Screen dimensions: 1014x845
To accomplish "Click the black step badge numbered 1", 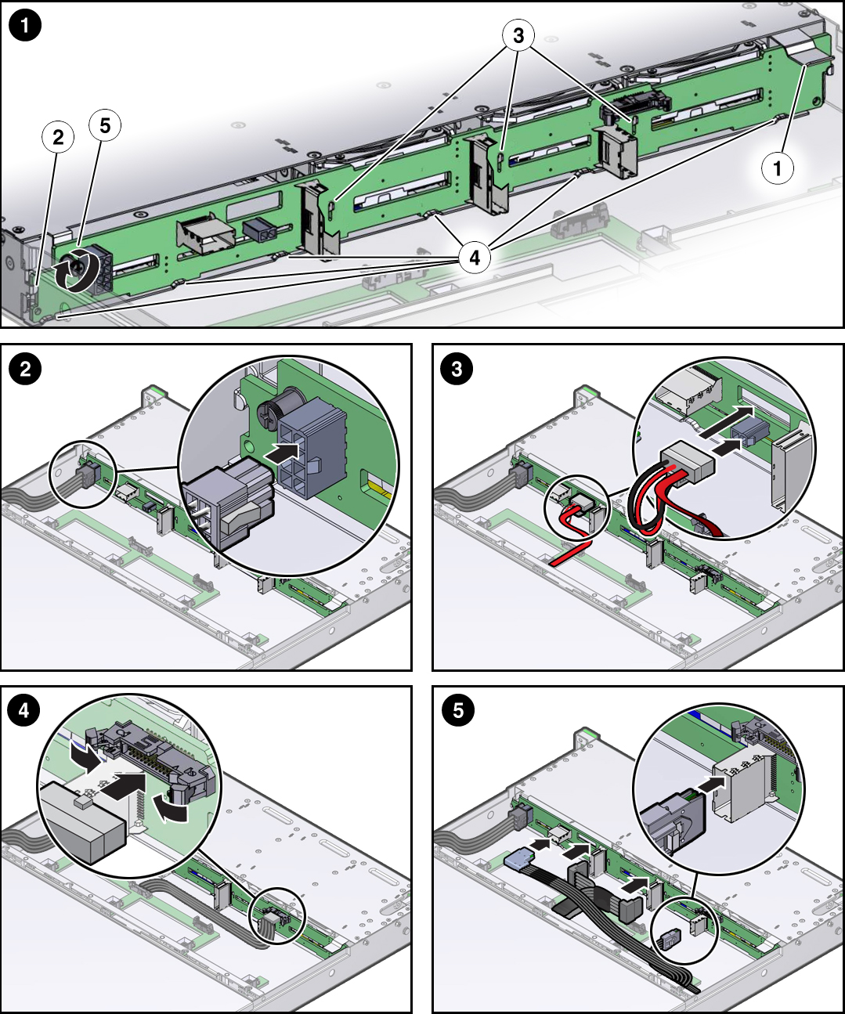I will coord(25,26).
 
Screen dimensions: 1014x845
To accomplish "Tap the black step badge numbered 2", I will coord(25,368).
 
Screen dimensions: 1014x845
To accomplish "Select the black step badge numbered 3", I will coord(457,368).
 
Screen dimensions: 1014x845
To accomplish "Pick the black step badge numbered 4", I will coord(25,710).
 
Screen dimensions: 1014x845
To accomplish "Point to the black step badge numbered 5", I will coord(457,710).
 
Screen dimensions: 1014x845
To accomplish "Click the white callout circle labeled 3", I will coord(518,35).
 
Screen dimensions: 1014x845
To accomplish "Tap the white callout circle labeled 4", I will coord(475,257).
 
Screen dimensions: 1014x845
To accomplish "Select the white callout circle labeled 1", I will coord(777,168).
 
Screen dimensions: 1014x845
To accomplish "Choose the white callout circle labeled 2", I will coord(58,138).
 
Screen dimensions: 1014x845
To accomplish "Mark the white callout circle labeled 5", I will coord(105,125).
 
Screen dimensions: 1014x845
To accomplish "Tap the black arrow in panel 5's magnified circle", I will coord(710,784).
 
